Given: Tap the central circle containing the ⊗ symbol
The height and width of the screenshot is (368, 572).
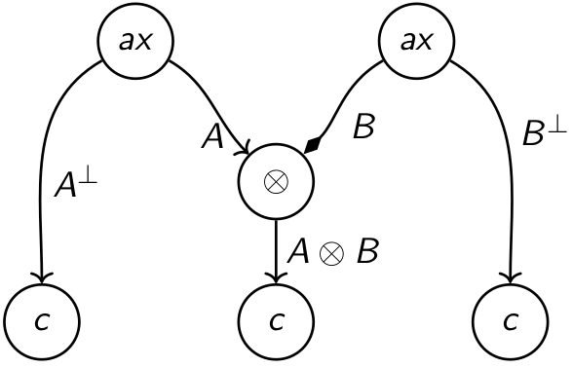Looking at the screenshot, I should (277, 182).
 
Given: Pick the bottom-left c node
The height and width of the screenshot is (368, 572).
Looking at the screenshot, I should (42, 320).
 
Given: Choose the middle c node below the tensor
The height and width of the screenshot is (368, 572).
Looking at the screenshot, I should (277, 320).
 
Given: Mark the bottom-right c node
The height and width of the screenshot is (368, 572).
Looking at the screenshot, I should (510, 320).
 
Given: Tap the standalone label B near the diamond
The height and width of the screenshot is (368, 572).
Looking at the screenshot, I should (362, 129).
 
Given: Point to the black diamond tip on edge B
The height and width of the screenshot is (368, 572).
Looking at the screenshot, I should (312, 146).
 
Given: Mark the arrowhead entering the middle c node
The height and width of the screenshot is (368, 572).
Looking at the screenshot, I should (277, 278).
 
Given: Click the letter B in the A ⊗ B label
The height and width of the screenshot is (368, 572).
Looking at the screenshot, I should (366, 252).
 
